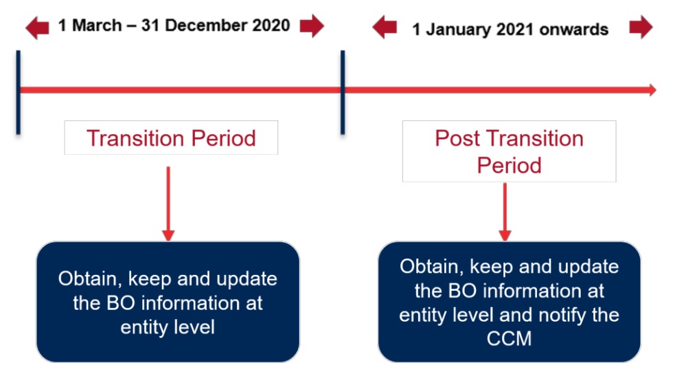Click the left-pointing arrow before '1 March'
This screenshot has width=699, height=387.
(37, 27)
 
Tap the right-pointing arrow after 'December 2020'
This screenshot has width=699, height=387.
(312, 26)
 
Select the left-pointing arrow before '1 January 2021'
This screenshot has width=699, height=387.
(385, 27)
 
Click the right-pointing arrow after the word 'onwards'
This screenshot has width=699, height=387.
(641, 27)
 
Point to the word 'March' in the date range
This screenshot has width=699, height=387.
(97, 25)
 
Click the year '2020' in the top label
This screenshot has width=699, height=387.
(271, 25)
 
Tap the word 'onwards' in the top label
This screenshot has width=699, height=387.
(574, 30)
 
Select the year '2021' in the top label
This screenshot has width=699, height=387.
(516, 30)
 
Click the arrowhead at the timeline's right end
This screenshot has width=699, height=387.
(652, 90)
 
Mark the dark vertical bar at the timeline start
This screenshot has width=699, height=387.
(19, 92)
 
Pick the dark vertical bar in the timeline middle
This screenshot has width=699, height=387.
(343, 92)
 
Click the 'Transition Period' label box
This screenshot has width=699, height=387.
(171, 137)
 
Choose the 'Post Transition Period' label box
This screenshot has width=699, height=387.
(509, 151)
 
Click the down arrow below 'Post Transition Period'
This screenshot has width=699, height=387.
(505, 212)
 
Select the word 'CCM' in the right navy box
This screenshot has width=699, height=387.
(509, 339)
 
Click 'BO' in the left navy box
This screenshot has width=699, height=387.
(120, 303)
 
